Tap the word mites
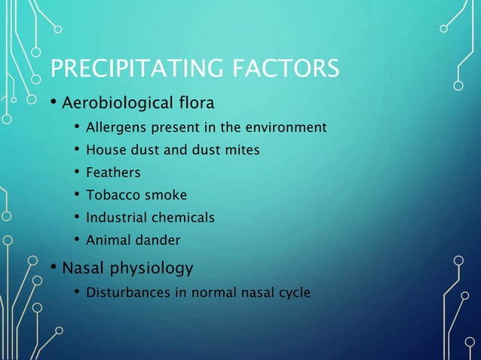(242, 150)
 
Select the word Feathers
(113, 172)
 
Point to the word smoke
(164, 195)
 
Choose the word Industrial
(116, 218)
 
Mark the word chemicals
(183, 218)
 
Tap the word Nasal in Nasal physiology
(84, 267)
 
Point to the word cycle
(293, 293)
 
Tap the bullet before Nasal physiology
(54, 268)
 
